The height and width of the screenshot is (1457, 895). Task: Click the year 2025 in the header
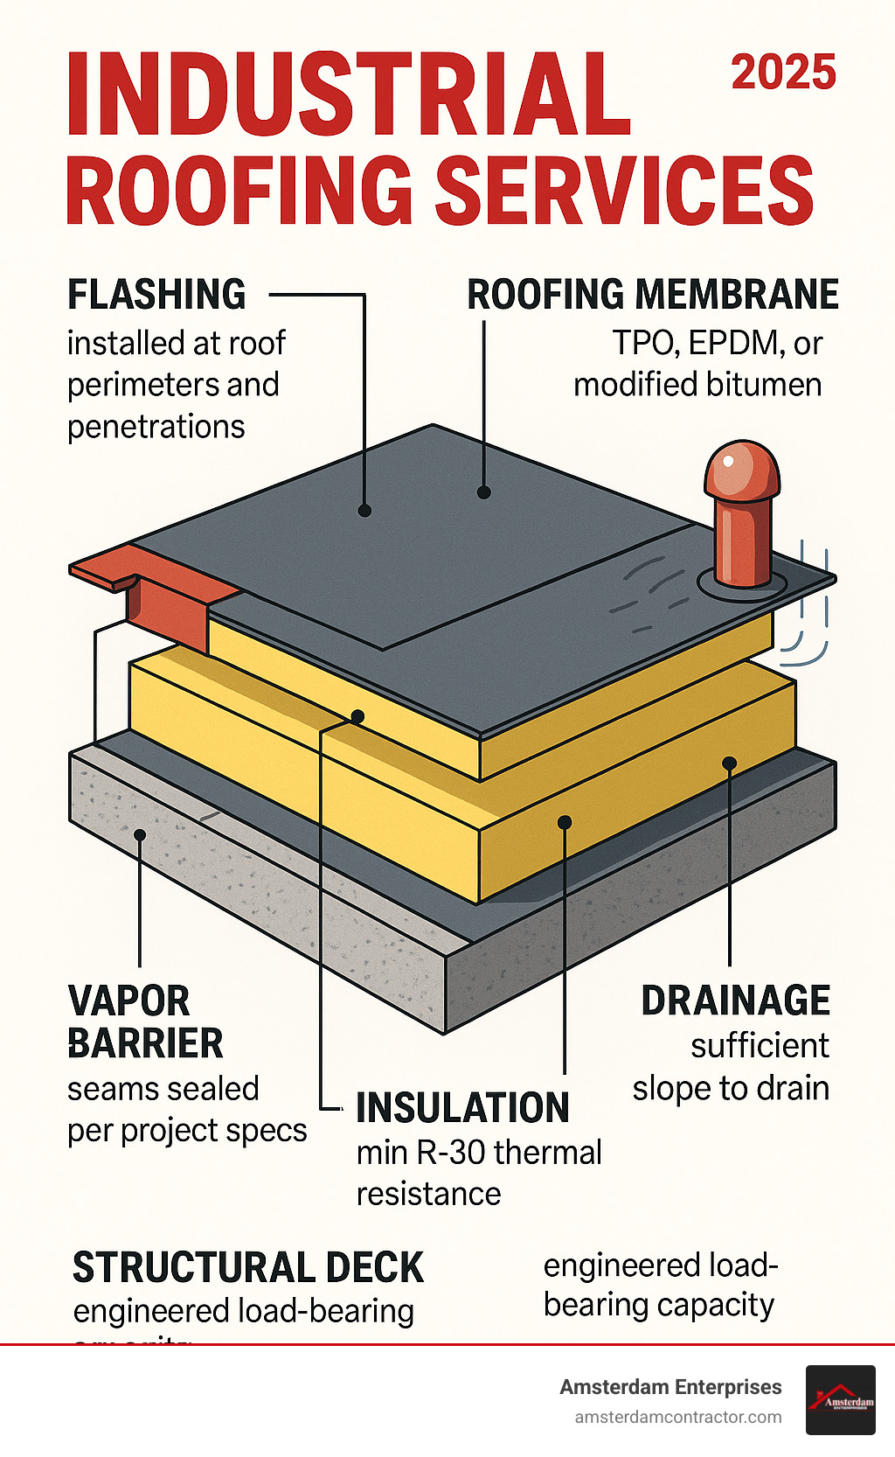coord(783,73)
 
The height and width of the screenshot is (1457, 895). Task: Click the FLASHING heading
coord(157,295)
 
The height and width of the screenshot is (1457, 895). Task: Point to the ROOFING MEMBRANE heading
coord(652,295)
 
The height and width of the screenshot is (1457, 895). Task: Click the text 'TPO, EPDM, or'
coord(717,343)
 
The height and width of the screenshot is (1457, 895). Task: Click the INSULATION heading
coord(462,1108)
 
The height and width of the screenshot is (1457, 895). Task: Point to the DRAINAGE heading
coord(735,1000)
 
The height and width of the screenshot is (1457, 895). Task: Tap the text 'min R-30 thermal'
coord(479,1153)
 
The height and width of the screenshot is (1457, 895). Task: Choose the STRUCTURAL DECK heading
coord(248,1267)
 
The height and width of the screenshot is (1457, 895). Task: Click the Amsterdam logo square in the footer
coord(840,1399)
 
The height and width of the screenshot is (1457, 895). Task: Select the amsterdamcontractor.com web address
coord(677,1418)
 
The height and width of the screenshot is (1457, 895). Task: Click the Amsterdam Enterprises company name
coord(670,1387)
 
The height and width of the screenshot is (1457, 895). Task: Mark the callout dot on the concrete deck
coord(140,835)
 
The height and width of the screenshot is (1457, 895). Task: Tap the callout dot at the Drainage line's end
coord(730,763)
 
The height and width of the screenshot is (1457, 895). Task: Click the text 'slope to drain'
coord(731,1088)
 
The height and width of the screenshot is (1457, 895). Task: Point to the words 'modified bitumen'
coord(697,385)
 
